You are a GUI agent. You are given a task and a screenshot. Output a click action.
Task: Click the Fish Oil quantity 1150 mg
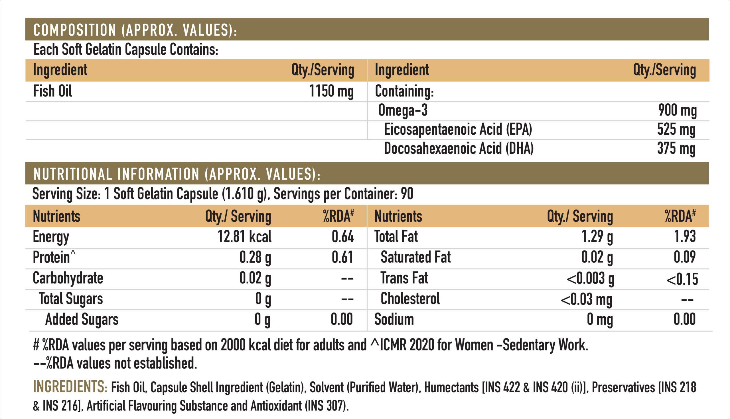[x=331, y=91]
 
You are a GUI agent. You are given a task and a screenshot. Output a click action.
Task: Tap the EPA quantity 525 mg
[x=676, y=130]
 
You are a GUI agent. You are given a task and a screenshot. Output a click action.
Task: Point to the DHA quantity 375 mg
[x=676, y=149]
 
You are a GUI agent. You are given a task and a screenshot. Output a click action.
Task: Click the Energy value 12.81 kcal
[x=244, y=237]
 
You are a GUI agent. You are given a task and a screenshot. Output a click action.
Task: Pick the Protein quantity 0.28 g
[x=255, y=257]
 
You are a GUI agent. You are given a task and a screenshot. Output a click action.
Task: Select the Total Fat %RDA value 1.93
[x=685, y=237]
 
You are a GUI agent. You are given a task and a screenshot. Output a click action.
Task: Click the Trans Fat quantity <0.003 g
[x=590, y=279]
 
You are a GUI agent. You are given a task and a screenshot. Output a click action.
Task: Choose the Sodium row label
[x=394, y=319]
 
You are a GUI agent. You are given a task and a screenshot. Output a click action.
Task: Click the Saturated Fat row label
[x=415, y=257]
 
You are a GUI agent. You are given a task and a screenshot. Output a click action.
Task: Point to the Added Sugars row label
[x=82, y=319]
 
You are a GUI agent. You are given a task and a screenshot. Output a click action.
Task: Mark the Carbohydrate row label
[x=68, y=278]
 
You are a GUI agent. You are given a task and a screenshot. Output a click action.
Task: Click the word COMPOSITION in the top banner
[x=75, y=30]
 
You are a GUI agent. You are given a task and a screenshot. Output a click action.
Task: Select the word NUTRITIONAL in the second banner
[x=72, y=174]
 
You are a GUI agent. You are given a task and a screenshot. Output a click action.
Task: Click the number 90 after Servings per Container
[x=407, y=194]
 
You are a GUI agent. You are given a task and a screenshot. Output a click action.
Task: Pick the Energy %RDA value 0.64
[x=342, y=237]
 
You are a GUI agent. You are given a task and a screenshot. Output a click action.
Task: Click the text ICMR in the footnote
[x=393, y=345]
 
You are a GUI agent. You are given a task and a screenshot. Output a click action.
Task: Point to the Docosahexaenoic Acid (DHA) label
[x=459, y=149]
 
